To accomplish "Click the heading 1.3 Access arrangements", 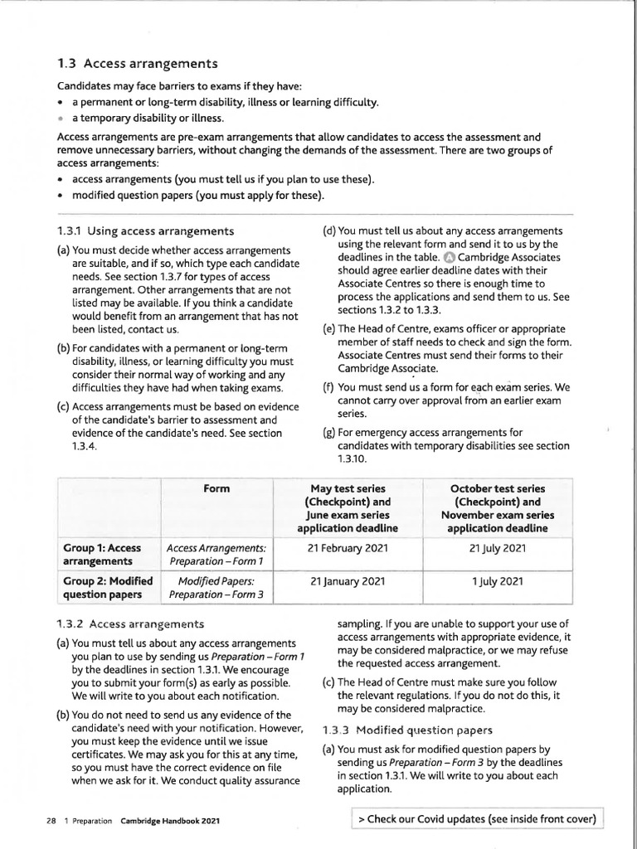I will (x=137, y=64).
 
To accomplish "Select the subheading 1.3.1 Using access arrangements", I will (x=145, y=230).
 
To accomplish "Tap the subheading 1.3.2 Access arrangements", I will (x=130, y=623).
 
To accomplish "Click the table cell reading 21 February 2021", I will (x=348, y=548).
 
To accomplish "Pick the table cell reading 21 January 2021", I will (x=348, y=582).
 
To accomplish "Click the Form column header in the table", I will (x=216, y=489).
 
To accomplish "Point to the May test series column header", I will (x=348, y=508).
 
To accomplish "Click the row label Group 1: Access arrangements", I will (x=102, y=555).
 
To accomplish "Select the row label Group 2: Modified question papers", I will (x=107, y=588).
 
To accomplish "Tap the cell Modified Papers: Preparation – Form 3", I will (x=216, y=588).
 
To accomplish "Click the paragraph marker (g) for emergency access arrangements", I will (x=328, y=432).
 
